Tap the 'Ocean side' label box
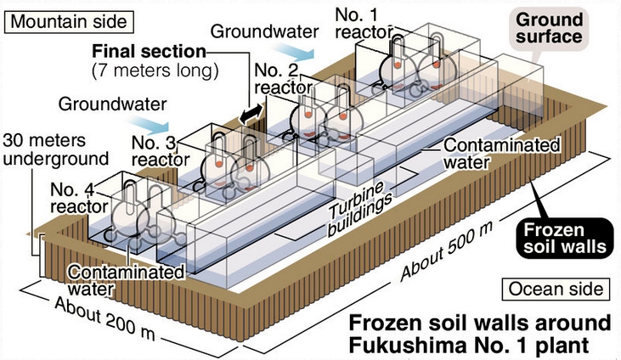[x=556, y=290]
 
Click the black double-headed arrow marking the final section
[x=249, y=116]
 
